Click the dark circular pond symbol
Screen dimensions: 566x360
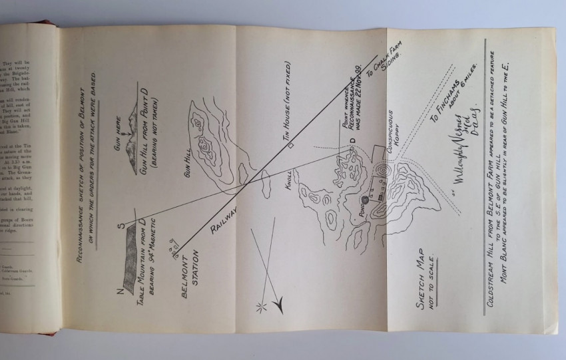pyautogui.click(x=365, y=200)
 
